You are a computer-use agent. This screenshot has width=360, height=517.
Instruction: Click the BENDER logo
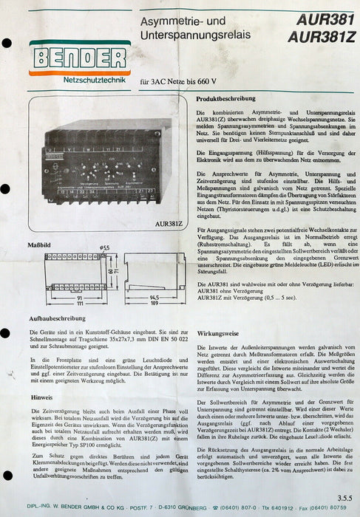(x=79, y=58)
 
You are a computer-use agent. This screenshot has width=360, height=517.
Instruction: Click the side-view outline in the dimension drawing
(x=154, y=271)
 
